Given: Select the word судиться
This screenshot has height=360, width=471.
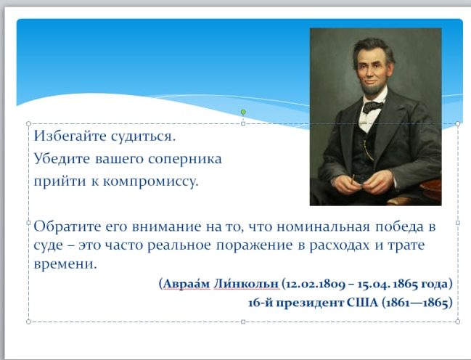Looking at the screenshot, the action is coord(143,136).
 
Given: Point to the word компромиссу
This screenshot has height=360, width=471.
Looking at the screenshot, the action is coord(151,181).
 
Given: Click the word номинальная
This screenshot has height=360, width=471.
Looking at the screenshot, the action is coord(323,226).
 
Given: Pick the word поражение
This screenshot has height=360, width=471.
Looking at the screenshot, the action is coord(254,245).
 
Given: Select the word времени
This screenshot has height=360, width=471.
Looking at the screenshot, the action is coord(65,264).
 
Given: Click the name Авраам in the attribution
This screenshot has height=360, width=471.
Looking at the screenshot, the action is coord(187,283).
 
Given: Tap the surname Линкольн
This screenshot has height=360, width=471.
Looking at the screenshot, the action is coord(246,283).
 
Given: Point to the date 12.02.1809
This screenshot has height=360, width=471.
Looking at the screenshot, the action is coord(315,284).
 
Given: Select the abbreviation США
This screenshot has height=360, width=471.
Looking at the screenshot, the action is coord(362,303).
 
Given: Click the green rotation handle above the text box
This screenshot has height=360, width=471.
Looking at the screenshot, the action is coord(243,112).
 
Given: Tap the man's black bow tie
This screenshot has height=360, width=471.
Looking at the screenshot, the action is coord(373,107).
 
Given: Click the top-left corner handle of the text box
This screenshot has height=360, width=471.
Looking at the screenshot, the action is coord(28,124).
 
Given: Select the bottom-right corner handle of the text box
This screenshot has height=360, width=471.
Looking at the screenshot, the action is coord(458,322).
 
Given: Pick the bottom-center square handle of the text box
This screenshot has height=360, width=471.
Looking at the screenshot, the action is coord(243,322).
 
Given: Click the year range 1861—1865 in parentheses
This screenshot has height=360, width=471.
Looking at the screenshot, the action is coord(417,303).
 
